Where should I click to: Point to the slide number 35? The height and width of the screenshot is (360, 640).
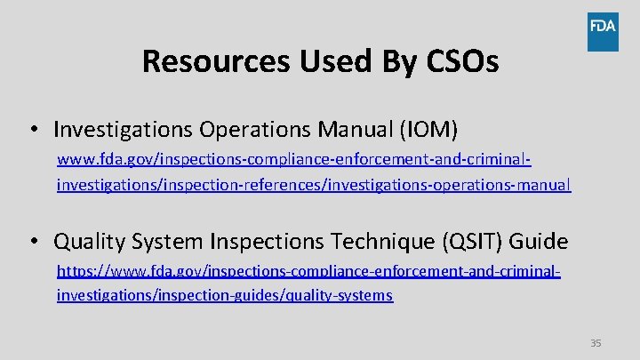click(596, 343)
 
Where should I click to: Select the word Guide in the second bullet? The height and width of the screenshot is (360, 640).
click(537, 241)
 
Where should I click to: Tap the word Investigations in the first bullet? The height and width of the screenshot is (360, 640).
click(124, 130)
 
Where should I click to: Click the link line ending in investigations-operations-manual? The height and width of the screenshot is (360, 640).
click(313, 185)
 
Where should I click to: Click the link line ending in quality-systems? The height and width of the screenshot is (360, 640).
click(224, 295)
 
